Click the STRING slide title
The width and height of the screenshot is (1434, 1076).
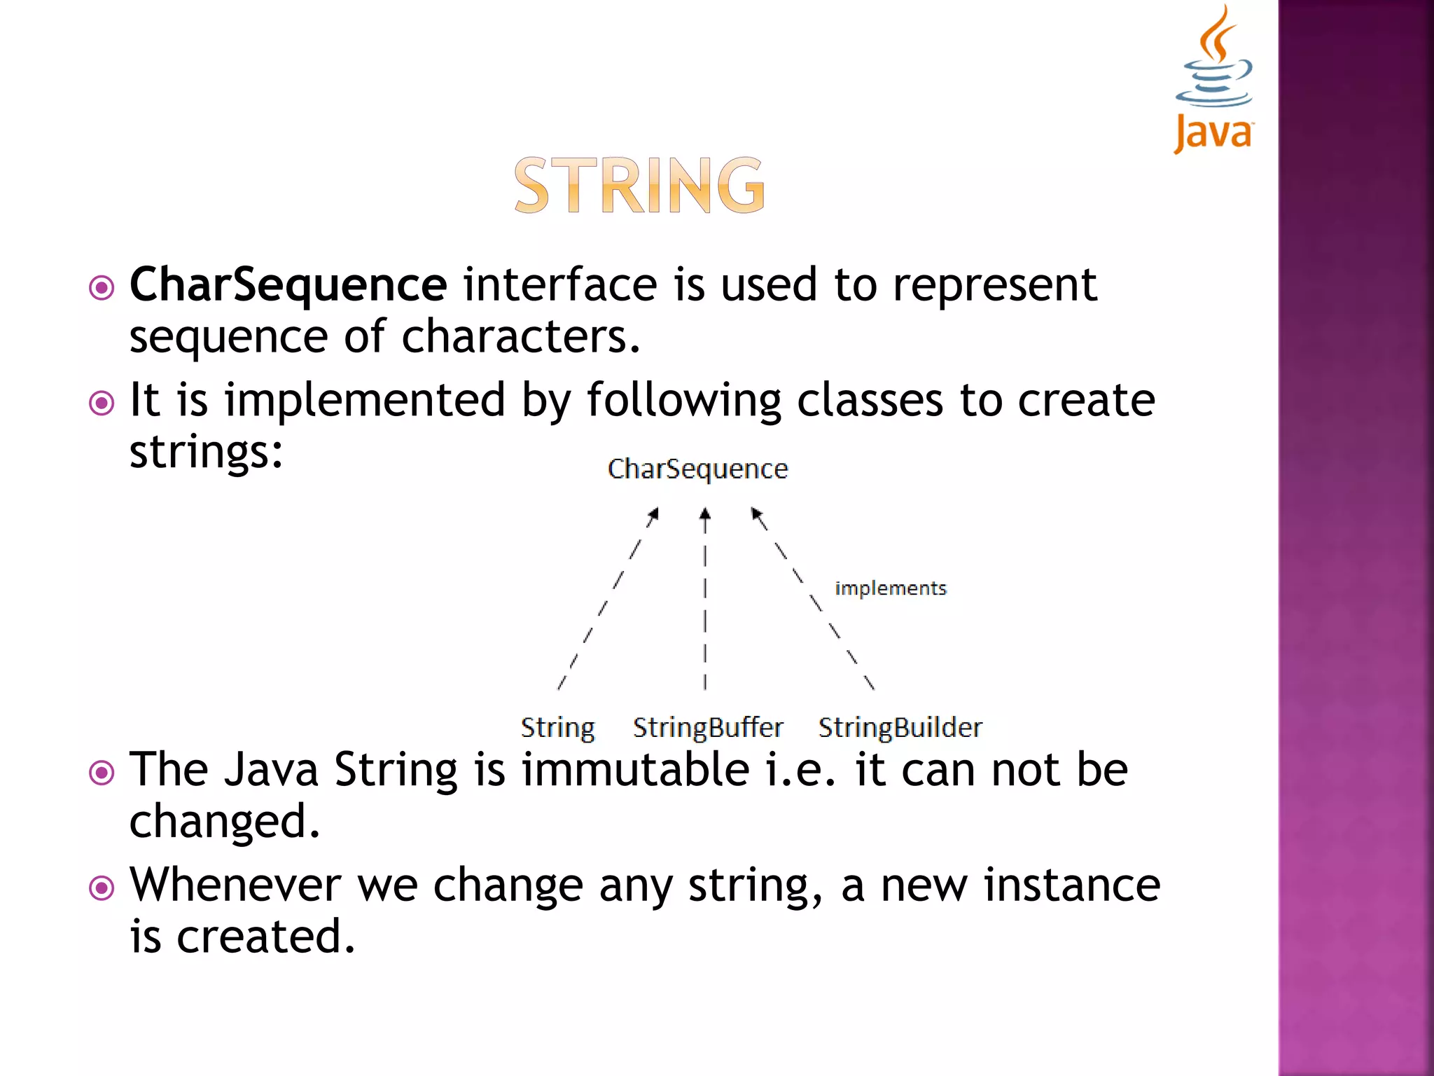(x=639, y=186)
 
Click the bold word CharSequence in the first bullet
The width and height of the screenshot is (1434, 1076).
(x=288, y=285)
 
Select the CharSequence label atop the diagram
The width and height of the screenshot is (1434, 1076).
(x=697, y=469)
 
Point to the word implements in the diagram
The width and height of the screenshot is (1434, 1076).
(x=890, y=588)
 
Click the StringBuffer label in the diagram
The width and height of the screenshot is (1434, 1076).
(x=708, y=728)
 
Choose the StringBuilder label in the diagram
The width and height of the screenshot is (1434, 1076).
(x=900, y=728)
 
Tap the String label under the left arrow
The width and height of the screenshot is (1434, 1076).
(x=557, y=728)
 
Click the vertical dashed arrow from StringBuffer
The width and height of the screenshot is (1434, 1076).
(x=705, y=599)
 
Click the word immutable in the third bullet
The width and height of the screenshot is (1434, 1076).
(x=636, y=770)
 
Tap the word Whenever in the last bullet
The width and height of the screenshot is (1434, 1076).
(x=235, y=885)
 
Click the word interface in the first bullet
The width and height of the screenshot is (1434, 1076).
(x=560, y=285)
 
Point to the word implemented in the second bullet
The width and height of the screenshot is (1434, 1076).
(x=364, y=400)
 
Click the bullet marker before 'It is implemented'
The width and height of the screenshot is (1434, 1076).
(x=102, y=403)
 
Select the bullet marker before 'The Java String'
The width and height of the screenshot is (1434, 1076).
(x=102, y=773)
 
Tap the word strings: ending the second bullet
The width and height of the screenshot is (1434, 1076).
(x=207, y=452)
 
